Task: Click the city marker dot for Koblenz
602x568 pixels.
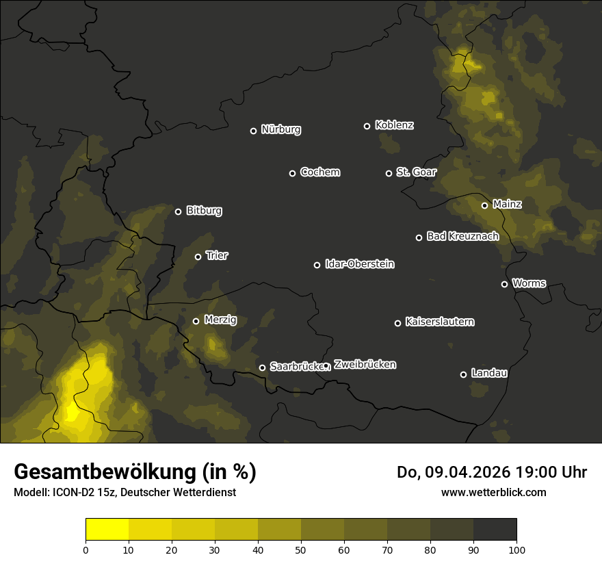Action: [367, 126]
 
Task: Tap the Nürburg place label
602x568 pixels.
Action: [280, 130]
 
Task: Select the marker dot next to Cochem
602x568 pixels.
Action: [292, 173]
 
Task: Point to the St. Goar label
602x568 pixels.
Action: [416, 172]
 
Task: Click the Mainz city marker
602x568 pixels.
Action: [484, 205]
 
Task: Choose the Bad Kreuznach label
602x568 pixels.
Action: [462, 237]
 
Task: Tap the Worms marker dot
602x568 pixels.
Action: [504, 284]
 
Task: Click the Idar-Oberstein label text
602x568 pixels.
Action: [359, 264]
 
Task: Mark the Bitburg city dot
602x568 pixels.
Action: [178, 211]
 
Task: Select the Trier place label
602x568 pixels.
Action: [217, 256]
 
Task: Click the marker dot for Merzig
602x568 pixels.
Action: [196, 321]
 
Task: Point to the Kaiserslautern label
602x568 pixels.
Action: [439, 322]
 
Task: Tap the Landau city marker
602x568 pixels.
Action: [463, 374]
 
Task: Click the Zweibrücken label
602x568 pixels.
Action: [365, 365]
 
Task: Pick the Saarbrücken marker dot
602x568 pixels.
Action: [262, 367]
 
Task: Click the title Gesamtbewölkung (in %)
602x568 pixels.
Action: [135, 472]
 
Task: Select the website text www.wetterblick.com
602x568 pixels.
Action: [493, 492]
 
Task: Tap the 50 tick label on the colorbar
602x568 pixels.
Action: [301, 549]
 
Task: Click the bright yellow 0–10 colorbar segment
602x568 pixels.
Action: [107, 529]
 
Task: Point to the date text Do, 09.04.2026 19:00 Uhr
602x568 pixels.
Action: [492, 472]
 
